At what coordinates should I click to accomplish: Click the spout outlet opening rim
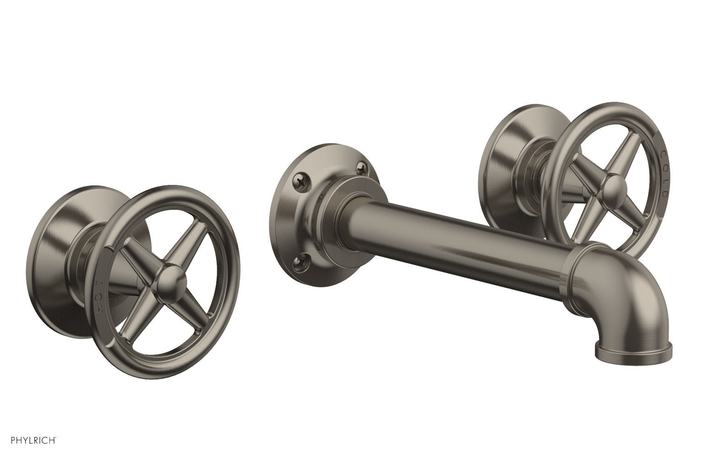(x=634, y=356)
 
